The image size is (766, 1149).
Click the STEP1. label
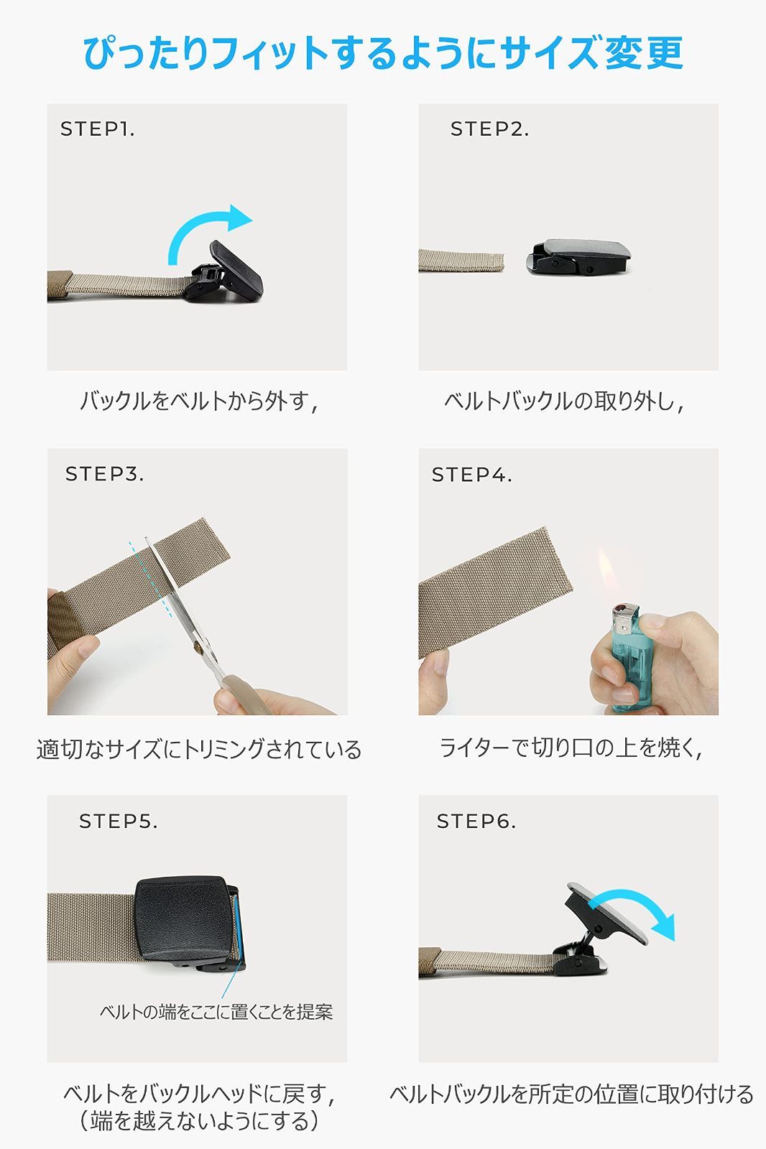[x=98, y=129]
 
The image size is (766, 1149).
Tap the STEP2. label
[x=489, y=129]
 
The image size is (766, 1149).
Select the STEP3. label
[x=104, y=474]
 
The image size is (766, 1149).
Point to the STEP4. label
[x=471, y=475]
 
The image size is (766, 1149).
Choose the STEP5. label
[x=118, y=822]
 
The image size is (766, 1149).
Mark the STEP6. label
[x=476, y=822]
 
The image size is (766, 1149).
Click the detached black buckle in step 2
[x=578, y=256]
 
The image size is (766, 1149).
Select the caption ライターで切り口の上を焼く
[x=570, y=748]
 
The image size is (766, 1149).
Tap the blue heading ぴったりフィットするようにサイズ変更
[x=384, y=53]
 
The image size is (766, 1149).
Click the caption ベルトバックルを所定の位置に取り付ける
[x=571, y=1094]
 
